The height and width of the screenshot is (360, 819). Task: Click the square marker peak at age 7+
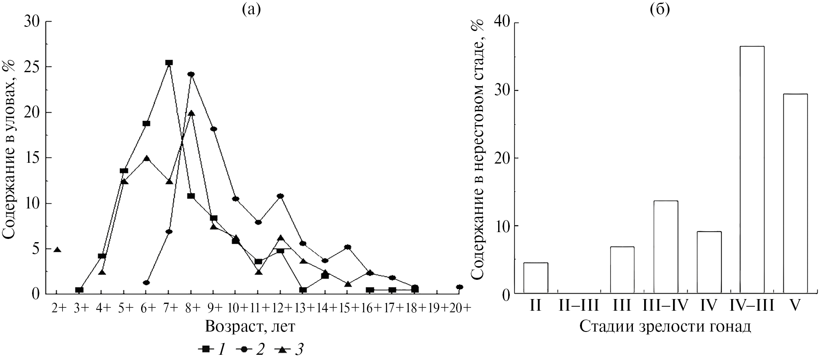click(169, 63)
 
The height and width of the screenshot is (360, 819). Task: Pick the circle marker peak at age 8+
click(191, 74)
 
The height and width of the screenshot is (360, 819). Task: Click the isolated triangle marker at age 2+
click(57, 250)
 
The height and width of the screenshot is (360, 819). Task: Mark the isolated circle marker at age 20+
click(460, 287)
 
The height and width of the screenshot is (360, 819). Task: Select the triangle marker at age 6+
click(146, 158)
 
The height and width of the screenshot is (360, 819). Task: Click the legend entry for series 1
click(211, 350)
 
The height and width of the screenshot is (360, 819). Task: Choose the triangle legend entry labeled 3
click(289, 350)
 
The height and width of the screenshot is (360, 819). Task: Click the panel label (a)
click(251, 9)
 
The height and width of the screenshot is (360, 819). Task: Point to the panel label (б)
click(660, 9)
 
